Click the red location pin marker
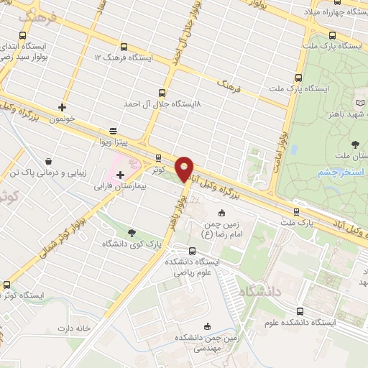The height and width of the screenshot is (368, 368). (185, 169)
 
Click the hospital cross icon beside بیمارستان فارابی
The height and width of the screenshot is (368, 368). (130, 175)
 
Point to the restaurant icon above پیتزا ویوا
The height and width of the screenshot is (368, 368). (113, 131)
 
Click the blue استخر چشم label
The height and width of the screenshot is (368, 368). (341, 172)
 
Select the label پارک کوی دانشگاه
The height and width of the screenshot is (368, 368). (132, 244)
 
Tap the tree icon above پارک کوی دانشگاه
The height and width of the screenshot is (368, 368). (132, 232)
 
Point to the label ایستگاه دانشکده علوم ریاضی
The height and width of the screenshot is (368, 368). (192, 267)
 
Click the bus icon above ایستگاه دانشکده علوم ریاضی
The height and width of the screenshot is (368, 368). (191, 251)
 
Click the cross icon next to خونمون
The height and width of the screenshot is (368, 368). (63, 107)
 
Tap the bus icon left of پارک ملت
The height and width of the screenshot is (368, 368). (297, 211)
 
